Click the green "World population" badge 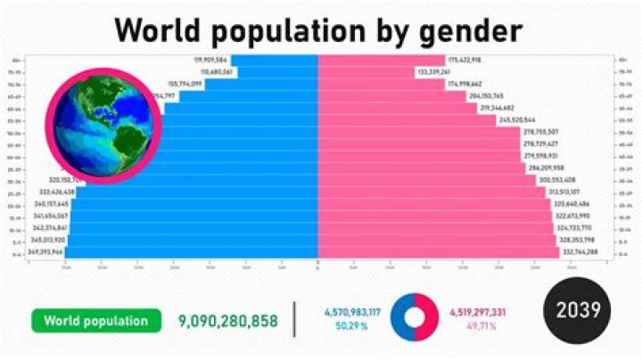click(96, 321)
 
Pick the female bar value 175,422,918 click(465, 60)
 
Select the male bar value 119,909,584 click(214, 60)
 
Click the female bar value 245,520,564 click(517, 119)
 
